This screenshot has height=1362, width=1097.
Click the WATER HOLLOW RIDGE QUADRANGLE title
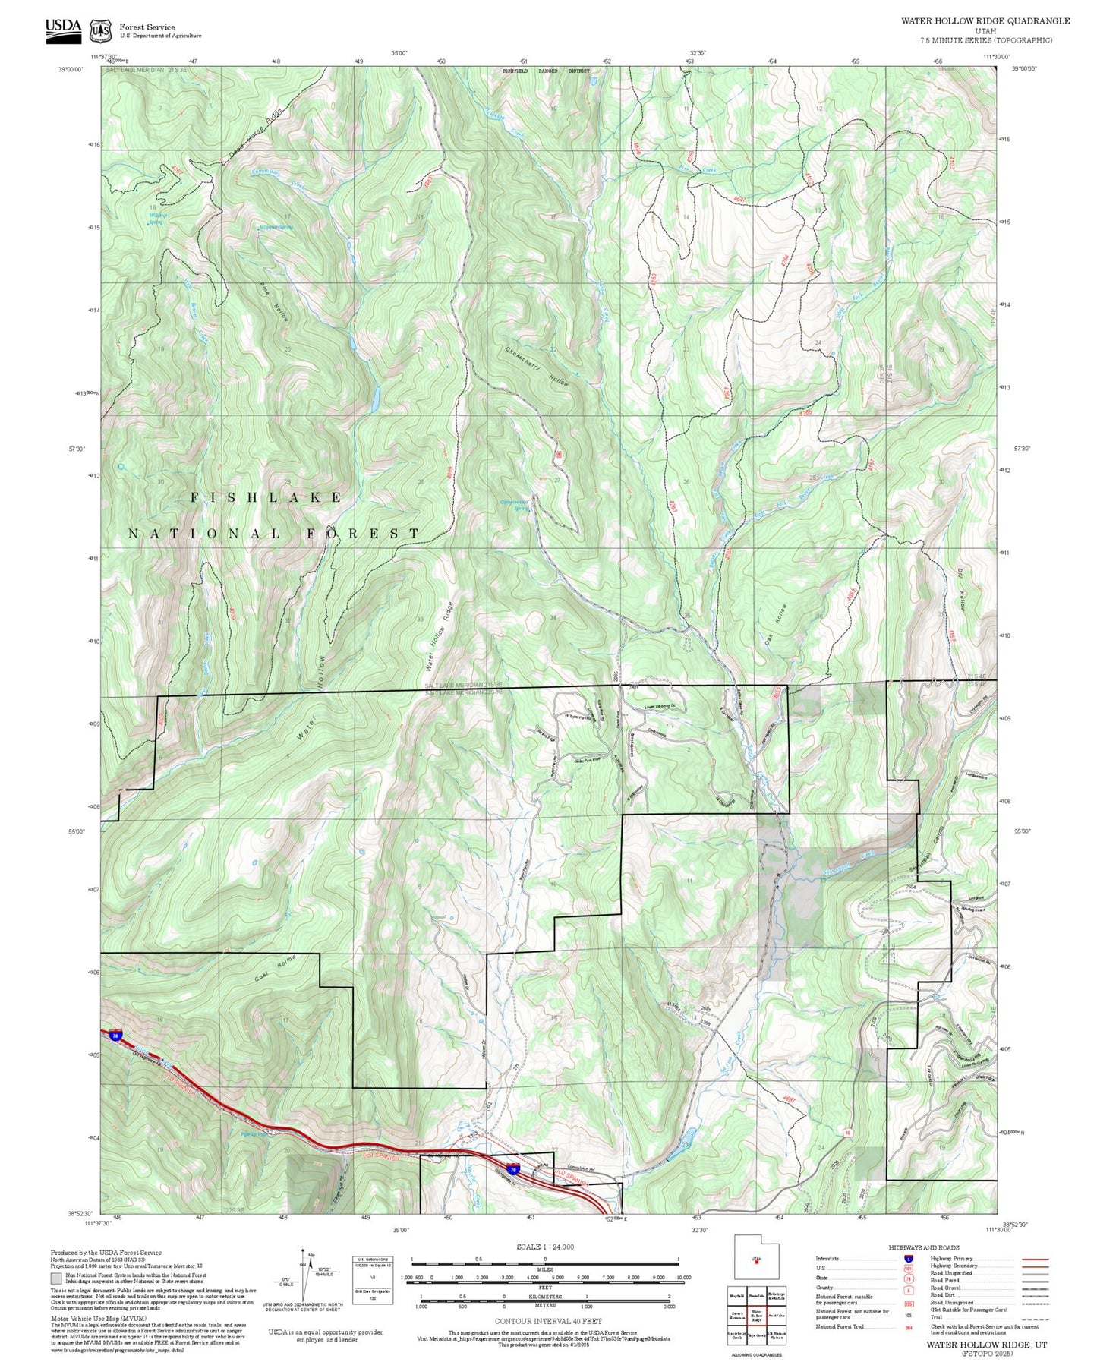click(x=985, y=21)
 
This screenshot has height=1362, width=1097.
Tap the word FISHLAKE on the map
click(x=266, y=497)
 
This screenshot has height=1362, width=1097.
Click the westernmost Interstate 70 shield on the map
click(x=115, y=1035)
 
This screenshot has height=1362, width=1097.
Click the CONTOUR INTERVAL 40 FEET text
click(x=544, y=1321)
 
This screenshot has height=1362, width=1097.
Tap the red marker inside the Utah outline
click(x=756, y=1263)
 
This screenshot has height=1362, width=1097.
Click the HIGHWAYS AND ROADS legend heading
click(x=924, y=1247)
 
